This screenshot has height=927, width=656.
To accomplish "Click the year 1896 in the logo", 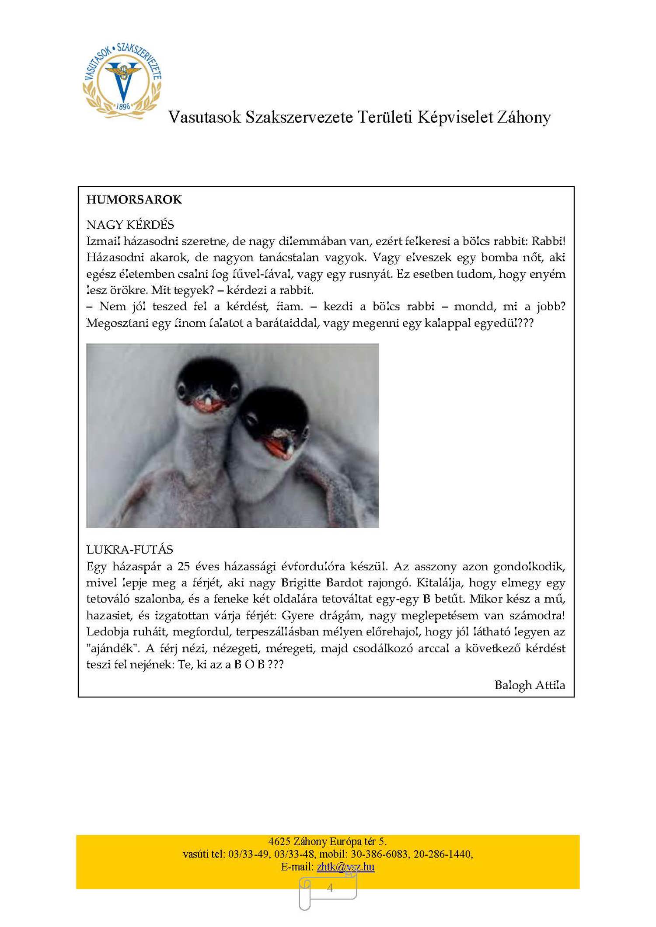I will pos(123,106).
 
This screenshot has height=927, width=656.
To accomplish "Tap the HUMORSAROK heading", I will pos(134,200).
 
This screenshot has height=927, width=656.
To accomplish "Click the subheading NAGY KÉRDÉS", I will pos(130,225).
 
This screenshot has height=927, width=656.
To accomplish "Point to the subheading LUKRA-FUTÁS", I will pos(129,550).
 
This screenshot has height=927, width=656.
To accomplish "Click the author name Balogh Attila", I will pos(530,685).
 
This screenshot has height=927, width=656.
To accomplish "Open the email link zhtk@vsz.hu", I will pos(345,867).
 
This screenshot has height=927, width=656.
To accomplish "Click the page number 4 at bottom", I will pos(330,888).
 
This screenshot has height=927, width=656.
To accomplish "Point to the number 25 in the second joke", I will pos(183,567).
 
